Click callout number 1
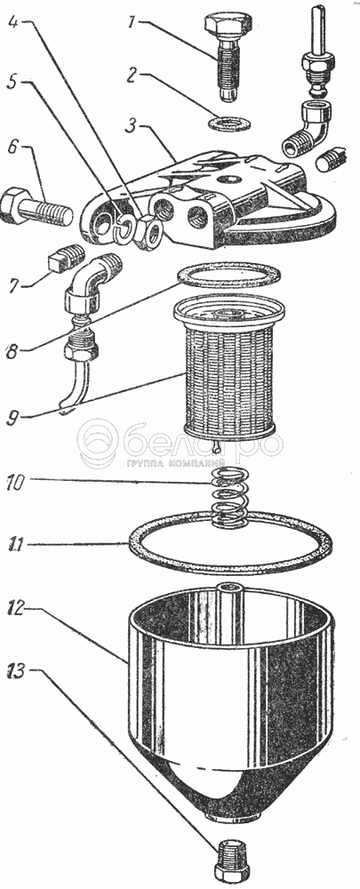click(x=132, y=24)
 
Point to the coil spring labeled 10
click(x=228, y=496)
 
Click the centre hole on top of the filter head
click(x=230, y=180)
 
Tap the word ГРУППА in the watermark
click(x=146, y=462)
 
